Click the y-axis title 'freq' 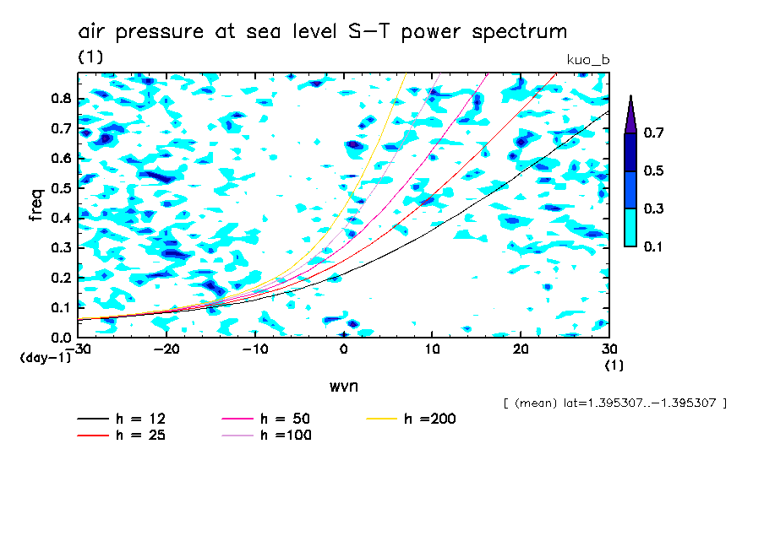pyautogui.click(x=35, y=204)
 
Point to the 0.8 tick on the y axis pyautogui.click(x=60, y=98)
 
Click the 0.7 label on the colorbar pyautogui.click(x=653, y=133)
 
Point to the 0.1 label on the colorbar pyautogui.click(x=653, y=246)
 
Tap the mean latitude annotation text pyautogui.click(x=614, y=403)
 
